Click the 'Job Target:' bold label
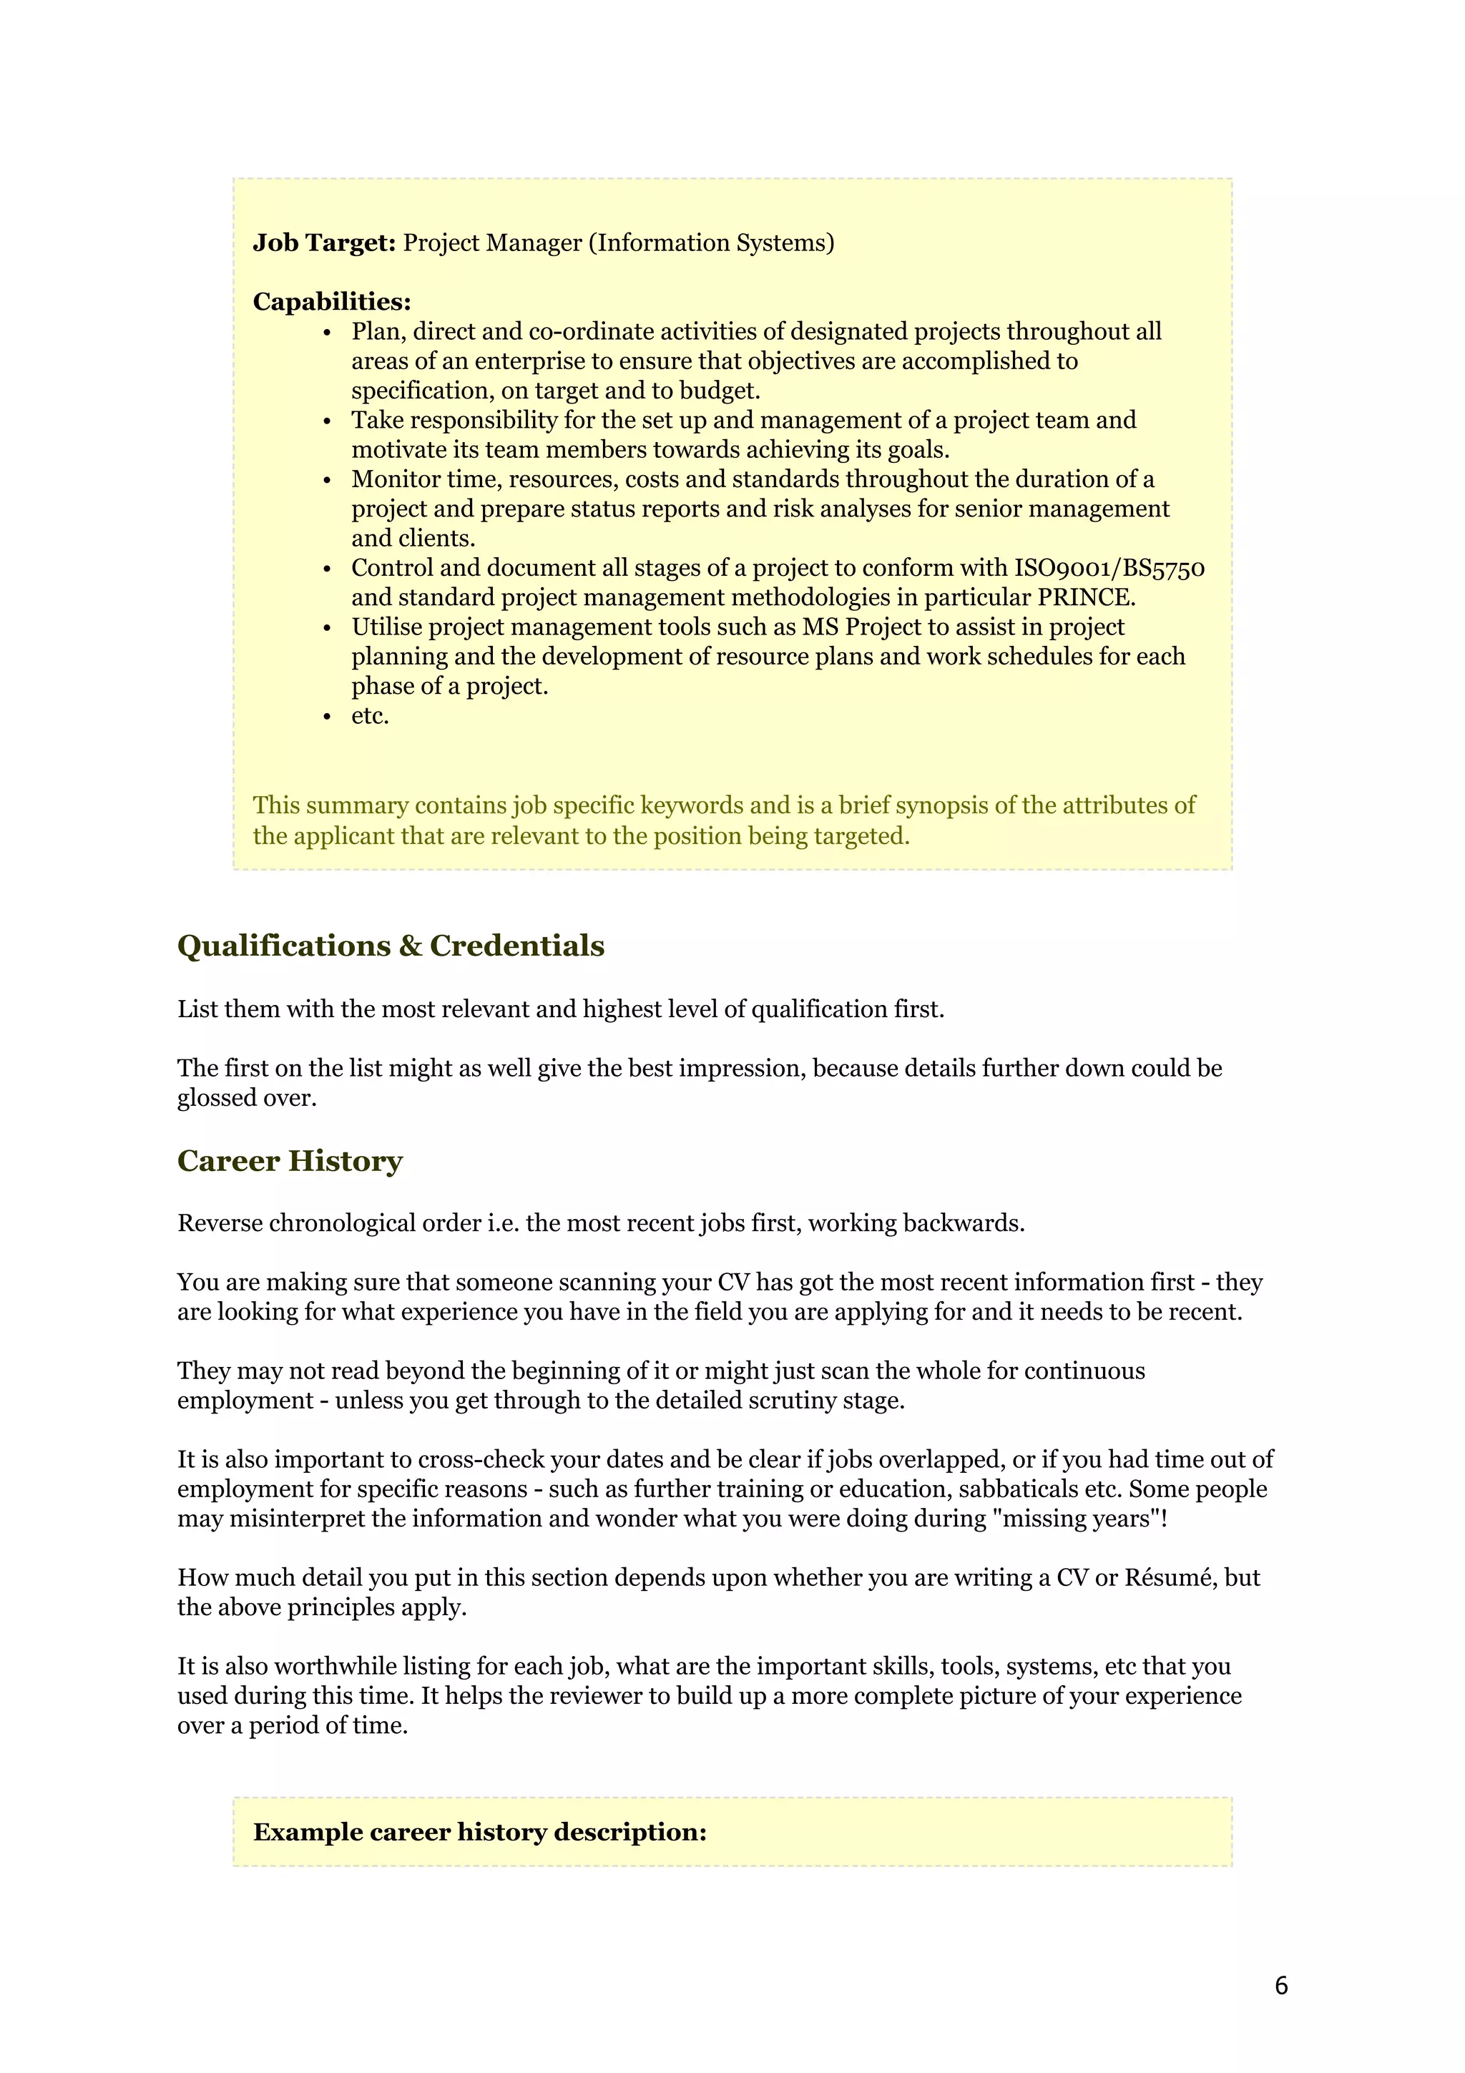(324, 243)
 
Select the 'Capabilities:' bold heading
(331, 302)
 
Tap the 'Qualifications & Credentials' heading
(390, 946)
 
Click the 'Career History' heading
(290, 1160)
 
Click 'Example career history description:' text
(479, 1832)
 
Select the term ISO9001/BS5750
(1109, 568)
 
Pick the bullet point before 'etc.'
(327, 717)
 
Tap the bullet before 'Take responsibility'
(327, 421)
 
